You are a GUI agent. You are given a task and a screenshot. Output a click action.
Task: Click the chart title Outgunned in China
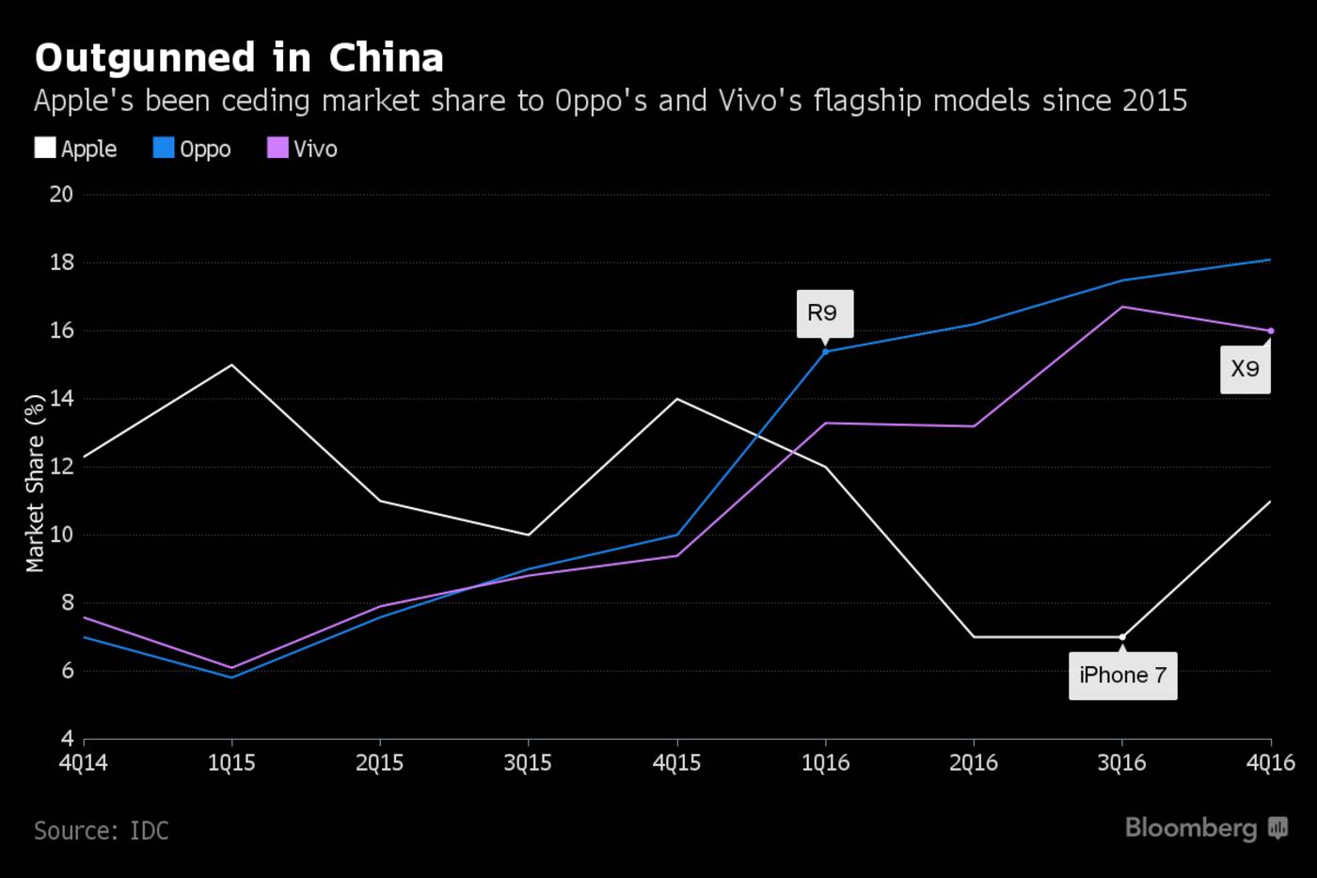click(x=239, y=58)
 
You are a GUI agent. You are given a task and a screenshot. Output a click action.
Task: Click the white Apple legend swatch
click(x=45, y=148)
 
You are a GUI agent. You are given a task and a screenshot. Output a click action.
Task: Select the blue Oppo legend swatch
click(x=164, y=148)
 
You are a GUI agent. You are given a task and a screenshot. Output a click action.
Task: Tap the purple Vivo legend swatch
click(x=278, y=148)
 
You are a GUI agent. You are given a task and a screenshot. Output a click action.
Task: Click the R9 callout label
click(x=824, y=313)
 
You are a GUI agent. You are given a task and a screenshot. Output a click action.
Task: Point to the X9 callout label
click(x=1246, y=369)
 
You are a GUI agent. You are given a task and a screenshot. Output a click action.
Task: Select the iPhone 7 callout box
click(x=1122, y=675)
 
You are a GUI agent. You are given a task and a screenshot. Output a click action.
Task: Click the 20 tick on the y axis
click(x=61, y=194)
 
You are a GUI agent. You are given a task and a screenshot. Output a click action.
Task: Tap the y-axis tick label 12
click(x=61, y=467)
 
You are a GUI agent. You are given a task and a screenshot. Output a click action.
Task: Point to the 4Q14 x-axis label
click(x=83, y=762)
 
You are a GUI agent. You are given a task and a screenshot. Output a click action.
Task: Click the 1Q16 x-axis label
click(x=825, y=762)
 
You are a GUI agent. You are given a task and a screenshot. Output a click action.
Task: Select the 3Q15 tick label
click(x=528, y=762)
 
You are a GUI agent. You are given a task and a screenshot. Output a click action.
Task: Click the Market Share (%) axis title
click(x=35, y=483)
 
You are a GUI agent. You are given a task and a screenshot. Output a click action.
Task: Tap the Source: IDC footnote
click(x=102, y=831)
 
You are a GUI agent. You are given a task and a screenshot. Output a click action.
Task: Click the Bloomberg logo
click(x=1205, y=828)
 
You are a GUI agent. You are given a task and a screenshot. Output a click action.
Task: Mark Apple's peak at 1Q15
click(x=231, y=365)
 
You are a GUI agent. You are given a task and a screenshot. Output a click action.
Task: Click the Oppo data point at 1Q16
click(x=825, y=351)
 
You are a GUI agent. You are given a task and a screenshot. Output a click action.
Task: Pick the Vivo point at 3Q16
click(x=1122, y=307)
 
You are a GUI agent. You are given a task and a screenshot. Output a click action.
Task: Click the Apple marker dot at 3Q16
click(x=1122, y=637)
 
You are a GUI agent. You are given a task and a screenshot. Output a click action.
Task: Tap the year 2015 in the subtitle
click(x=1154, y=101)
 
